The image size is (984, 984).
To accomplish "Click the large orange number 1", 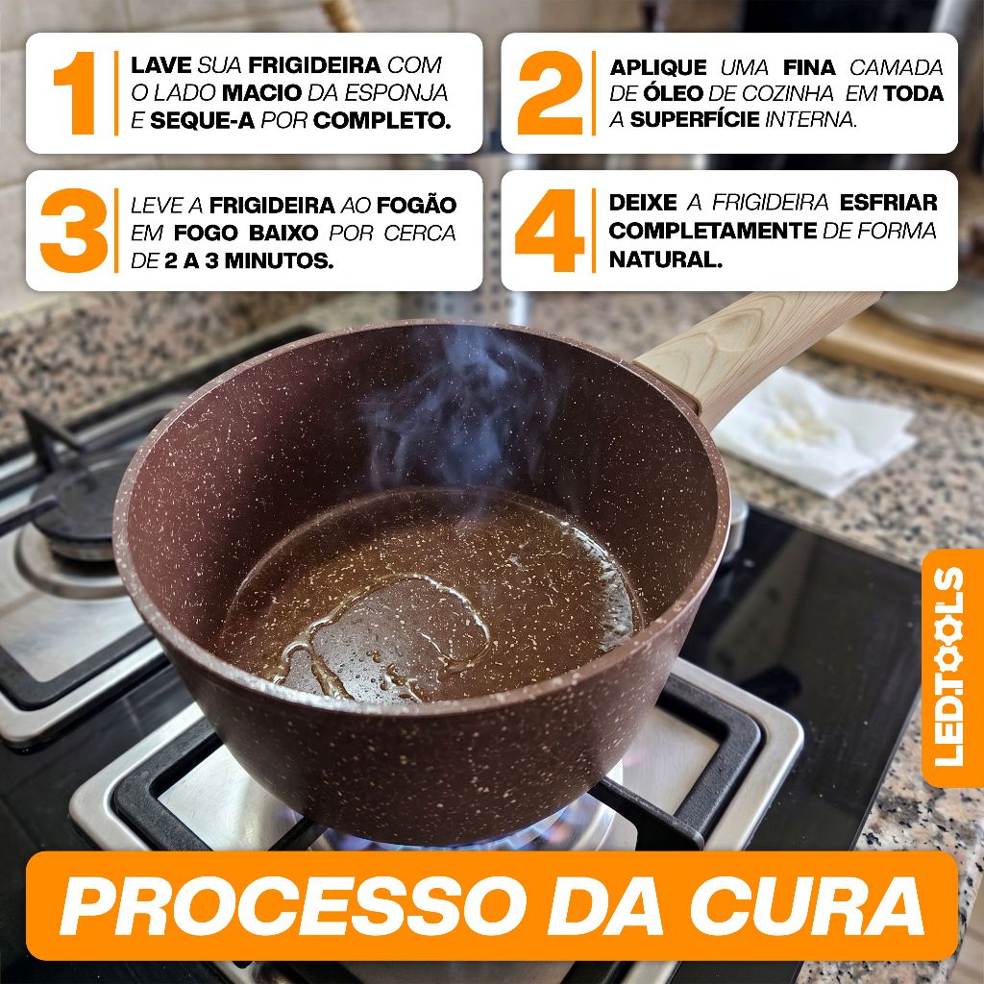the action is click(75, 93).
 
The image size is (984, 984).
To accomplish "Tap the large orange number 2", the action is click(550, 93).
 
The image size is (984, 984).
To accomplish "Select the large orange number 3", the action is click(73, 231).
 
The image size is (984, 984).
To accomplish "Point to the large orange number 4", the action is click(550, 231).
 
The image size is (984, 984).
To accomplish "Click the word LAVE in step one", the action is click(161, 64).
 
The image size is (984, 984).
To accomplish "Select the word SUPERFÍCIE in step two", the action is click(695, 119).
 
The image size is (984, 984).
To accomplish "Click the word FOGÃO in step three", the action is click(417, 205).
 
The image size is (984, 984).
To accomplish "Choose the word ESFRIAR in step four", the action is click(889, 203).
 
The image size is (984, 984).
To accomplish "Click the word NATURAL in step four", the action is click(665, 258).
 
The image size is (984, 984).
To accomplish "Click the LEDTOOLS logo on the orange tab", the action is click(948, 667).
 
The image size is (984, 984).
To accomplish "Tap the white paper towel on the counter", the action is click(816, 433).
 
